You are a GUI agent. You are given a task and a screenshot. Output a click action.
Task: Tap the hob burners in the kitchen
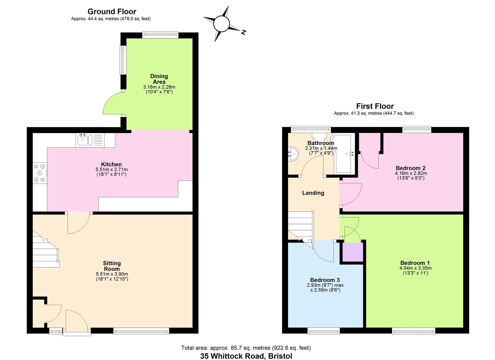pyautogui.click(x=40, y=173)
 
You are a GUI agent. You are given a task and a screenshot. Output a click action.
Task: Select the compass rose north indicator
pyautogui.click(x=225, y=24)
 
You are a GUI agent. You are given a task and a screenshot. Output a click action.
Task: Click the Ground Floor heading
pyautogui.click(x=112, y=11)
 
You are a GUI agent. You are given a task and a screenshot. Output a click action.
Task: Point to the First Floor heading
pyautogui.click(x=375, y=106)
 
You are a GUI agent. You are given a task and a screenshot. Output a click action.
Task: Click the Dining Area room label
pyautogui.click(x=159, y=79)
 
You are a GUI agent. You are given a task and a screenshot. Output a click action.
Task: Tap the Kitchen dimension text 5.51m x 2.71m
pyautogui.click(x=112, y=170)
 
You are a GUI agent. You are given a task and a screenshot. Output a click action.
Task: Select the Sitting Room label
pyautogui.click(x=112, y=266)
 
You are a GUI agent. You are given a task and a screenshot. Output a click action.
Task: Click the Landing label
pyautogui.click(x=313, y=193)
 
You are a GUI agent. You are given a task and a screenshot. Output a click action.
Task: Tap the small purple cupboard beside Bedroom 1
pyautogui.click(x=353, y=252)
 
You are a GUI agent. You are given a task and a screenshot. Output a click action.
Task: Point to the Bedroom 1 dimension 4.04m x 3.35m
pyautogui.click(x=415, y=268)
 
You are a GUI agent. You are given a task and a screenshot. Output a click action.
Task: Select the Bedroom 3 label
pyautogui.click(x=325, y=280)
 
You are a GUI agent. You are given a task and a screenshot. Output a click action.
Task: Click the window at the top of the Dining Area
pyautogui.click(x=160, y=35)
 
